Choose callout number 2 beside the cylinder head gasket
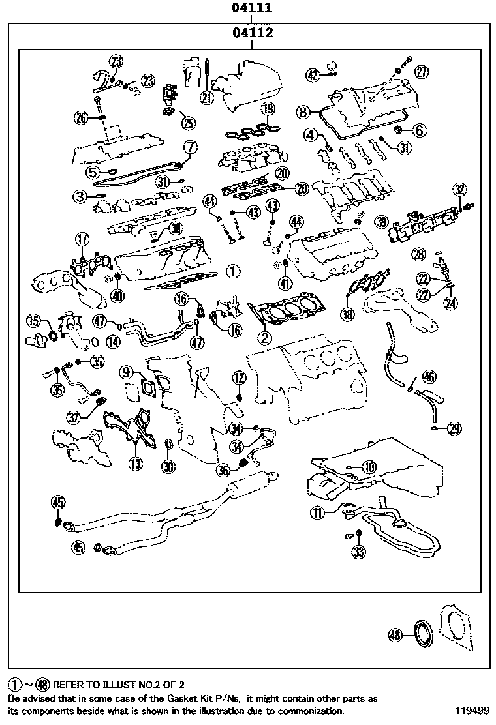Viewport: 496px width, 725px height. [x=265, y=337]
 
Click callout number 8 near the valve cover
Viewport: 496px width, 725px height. [x=302, y=112]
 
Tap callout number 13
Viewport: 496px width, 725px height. [x=135, y=464]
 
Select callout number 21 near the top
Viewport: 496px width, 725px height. [x=207, y=98]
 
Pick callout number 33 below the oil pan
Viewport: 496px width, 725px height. [x=358, y=552]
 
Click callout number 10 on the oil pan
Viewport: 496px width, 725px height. [x=369, y=466]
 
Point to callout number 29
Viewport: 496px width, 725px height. [x=454, y=428]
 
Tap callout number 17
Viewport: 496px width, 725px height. [x=82, y=239]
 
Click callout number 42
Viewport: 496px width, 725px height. [x=314, y=75]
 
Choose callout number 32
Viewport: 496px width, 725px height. [x=460, y=190]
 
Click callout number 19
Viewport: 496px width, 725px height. [x=268, y=109]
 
